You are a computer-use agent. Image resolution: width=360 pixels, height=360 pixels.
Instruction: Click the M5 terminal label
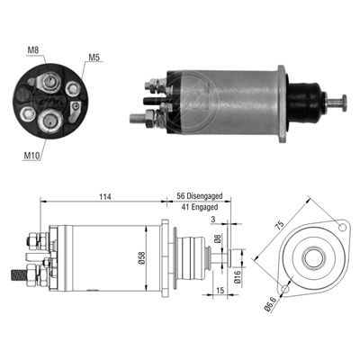point(94,59)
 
